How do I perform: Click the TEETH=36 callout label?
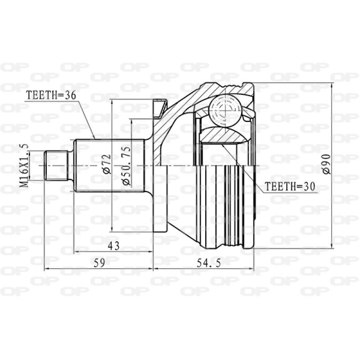(x=50, y=95)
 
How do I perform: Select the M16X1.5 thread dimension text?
(x=26, y=165)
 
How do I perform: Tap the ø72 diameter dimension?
(x=106, y=164)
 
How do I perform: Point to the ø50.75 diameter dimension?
(x=126, y=165)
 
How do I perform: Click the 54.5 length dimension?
(x=204, y=264)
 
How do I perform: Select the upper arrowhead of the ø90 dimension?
(x=332, y=86)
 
